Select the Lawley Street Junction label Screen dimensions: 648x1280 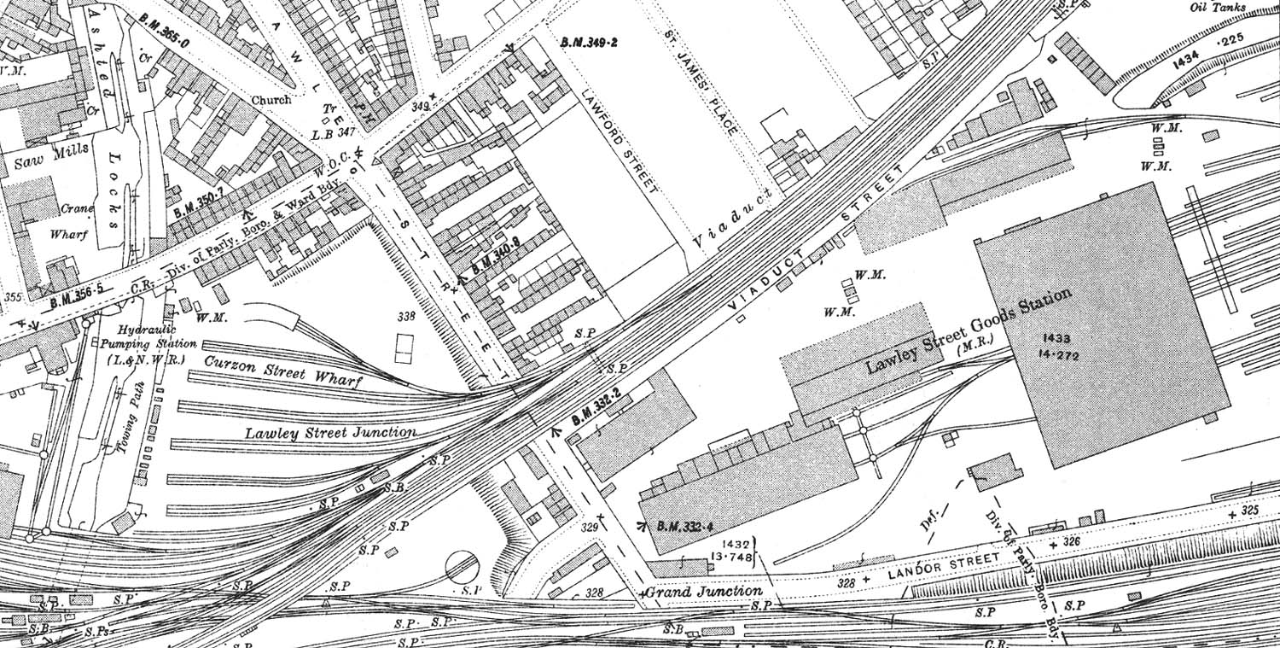point(331,433)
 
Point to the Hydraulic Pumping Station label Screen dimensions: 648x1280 point(147,345)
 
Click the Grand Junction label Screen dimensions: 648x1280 point(703,591)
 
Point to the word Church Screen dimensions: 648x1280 point(271,99)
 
